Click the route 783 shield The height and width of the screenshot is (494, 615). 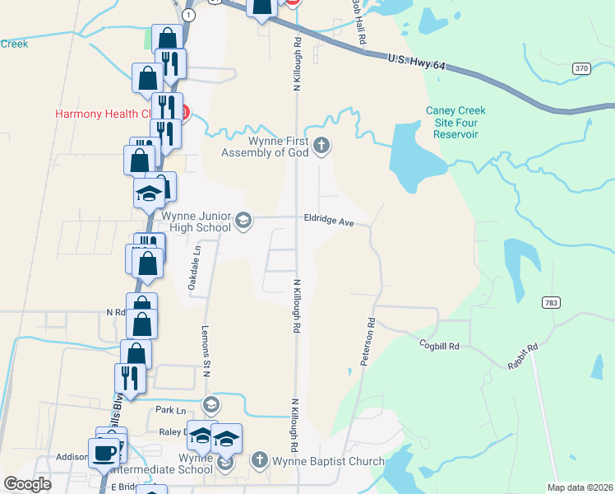(x=551, y=303)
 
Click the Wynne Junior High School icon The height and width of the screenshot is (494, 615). (x=243, y=220)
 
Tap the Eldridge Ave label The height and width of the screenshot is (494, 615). (x=329, y=222)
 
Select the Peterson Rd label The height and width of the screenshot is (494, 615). (x=367, y=342)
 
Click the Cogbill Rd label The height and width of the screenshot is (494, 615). (x=438, y=346)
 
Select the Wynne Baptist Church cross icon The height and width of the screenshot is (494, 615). (x=260, y=460)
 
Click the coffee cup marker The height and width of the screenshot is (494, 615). (x=104, y=453)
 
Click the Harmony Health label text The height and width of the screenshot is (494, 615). (x=104, y=114)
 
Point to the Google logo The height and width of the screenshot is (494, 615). (x=28, y=484)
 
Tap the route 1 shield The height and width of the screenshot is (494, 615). (x=190, y=16)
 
